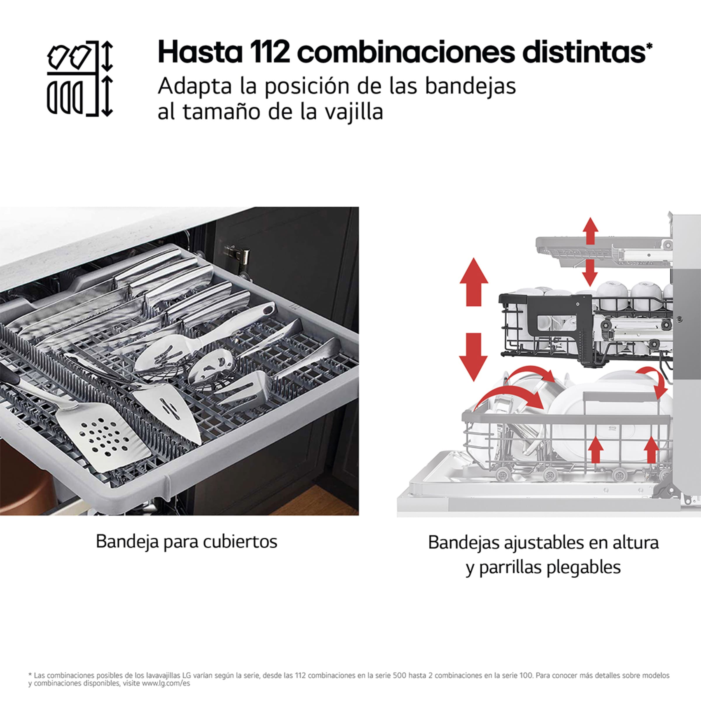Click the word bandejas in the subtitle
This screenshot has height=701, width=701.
(x=470, y=87)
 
